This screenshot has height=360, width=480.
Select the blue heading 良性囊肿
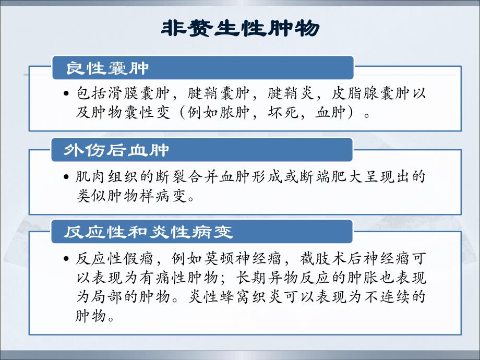click(107, 68)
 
